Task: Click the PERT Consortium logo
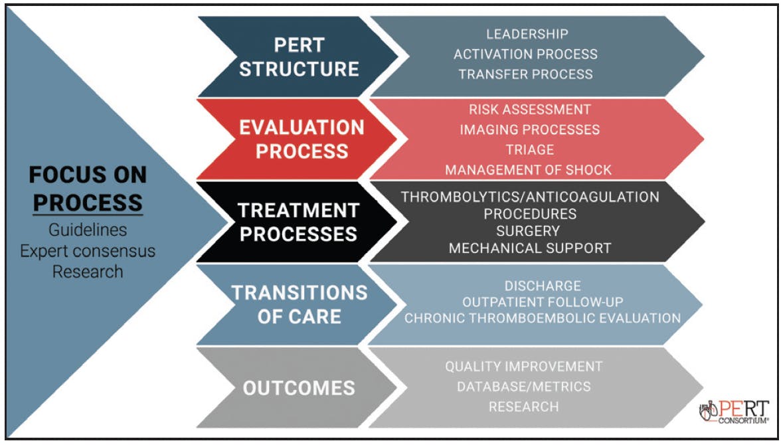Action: [x=734, y=412]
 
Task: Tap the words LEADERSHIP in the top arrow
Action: [x=527, y=34]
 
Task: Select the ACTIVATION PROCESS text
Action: [x=525, y=54]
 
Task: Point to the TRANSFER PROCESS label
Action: [x=525, y=74]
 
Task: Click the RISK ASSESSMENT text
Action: [x=530, y=109]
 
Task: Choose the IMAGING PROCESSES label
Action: [x=530, y=130]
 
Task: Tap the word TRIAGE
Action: [x=530, y=149]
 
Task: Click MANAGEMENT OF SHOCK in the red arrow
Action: [x=529, y=170]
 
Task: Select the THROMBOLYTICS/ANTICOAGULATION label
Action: [x=530, y=197]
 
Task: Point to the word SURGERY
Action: [x=528, y=230]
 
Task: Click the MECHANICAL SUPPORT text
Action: [x=530, y=248]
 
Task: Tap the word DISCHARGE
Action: [x=543, y=286]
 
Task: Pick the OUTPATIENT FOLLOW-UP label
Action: [x=543, y=302]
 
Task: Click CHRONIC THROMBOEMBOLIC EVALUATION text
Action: [x=543, y=318]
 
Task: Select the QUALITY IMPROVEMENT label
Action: [x=524, y=366]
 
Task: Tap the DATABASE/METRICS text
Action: [x=524, y=386]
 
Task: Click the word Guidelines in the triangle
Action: [x=88, y=230]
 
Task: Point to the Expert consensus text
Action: [x=88, y=250]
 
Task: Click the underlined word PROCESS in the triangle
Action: [x=88, y=203]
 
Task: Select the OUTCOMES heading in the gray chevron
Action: [x=299, y=388]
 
